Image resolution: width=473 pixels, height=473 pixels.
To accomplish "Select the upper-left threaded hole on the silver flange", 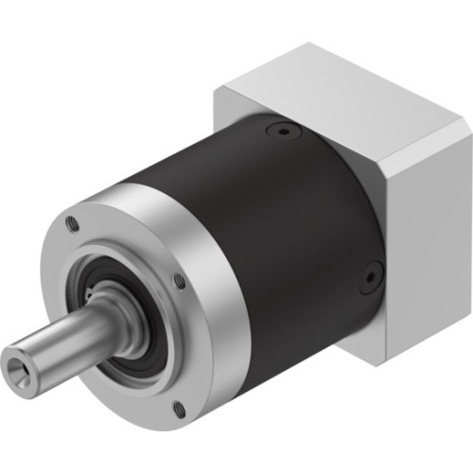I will coord(72,223).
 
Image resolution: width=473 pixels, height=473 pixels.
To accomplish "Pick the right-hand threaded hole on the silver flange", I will coord(180,280).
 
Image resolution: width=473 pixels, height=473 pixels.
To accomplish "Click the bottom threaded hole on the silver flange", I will coord(179,409).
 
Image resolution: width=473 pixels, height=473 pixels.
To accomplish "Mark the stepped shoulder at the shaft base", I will coord(118,312).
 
